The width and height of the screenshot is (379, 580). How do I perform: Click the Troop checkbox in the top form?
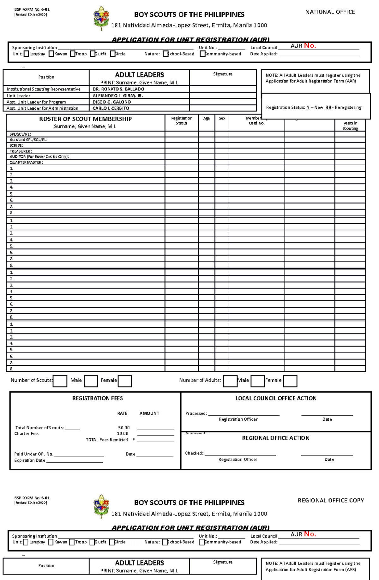(73, 54)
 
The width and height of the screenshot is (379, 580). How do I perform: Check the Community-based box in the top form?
(202, 54)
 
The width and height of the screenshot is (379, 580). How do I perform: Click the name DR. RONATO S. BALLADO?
(118, 89)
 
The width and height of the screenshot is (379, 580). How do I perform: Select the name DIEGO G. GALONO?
(111, 102)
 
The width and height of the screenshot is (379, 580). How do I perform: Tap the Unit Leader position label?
(19, 96)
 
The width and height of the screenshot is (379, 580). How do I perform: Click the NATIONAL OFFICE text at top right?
(330, 12)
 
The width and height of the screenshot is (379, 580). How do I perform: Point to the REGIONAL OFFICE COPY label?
(331, 500)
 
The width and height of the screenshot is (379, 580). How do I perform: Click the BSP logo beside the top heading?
(101, 18)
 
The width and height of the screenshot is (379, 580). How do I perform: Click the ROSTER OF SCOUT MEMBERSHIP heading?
(85, 119)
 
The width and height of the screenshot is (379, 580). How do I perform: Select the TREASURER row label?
(21, 151)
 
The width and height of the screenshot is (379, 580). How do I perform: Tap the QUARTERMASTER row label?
(26, 162)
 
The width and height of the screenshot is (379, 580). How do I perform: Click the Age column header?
(206, 119)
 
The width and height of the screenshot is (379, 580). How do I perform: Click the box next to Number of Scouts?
(60, 381)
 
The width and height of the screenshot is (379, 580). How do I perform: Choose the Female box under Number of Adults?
(290, 381)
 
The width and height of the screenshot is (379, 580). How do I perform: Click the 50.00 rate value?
(124, 428)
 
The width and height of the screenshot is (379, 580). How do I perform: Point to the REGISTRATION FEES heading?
(97, 398)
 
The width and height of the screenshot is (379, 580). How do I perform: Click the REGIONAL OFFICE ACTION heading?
(275, 438)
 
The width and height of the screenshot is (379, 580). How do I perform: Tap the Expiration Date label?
(30, 461)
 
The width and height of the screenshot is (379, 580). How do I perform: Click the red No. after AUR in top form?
(310, 46)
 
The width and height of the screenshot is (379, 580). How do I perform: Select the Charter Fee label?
(27, 434)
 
